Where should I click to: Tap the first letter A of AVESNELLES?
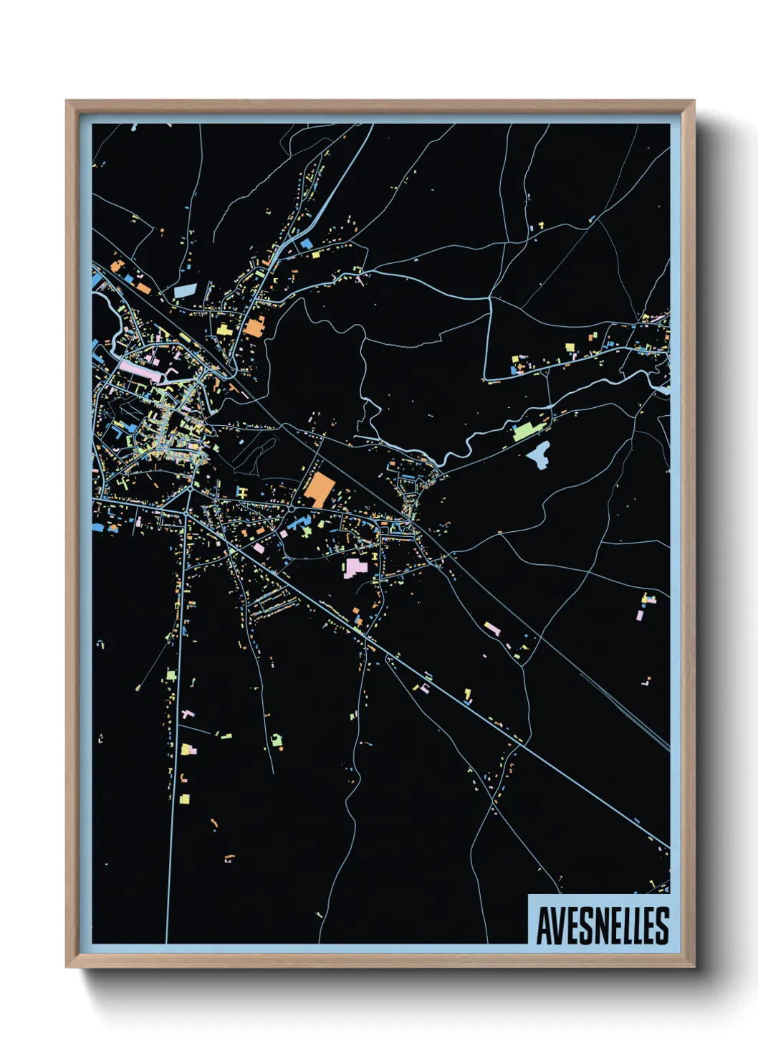click(543, 926)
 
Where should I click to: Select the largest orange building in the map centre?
click(320, 489)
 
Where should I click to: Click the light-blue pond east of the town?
click(539, 454)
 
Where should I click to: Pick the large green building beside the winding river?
click(524, 431)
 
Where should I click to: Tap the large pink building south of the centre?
click(355, 568)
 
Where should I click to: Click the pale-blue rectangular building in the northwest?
click(186, 290)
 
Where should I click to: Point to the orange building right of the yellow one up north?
click(254, 326)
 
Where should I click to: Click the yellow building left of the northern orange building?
click(224, 329)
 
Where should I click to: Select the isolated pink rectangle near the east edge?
click(640, 614)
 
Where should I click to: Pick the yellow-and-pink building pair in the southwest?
click(188, 749)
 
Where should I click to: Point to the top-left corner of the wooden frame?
click(67, 101)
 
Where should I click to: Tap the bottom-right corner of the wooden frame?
click(694, 967)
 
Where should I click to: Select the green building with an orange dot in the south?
click(277, 740)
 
